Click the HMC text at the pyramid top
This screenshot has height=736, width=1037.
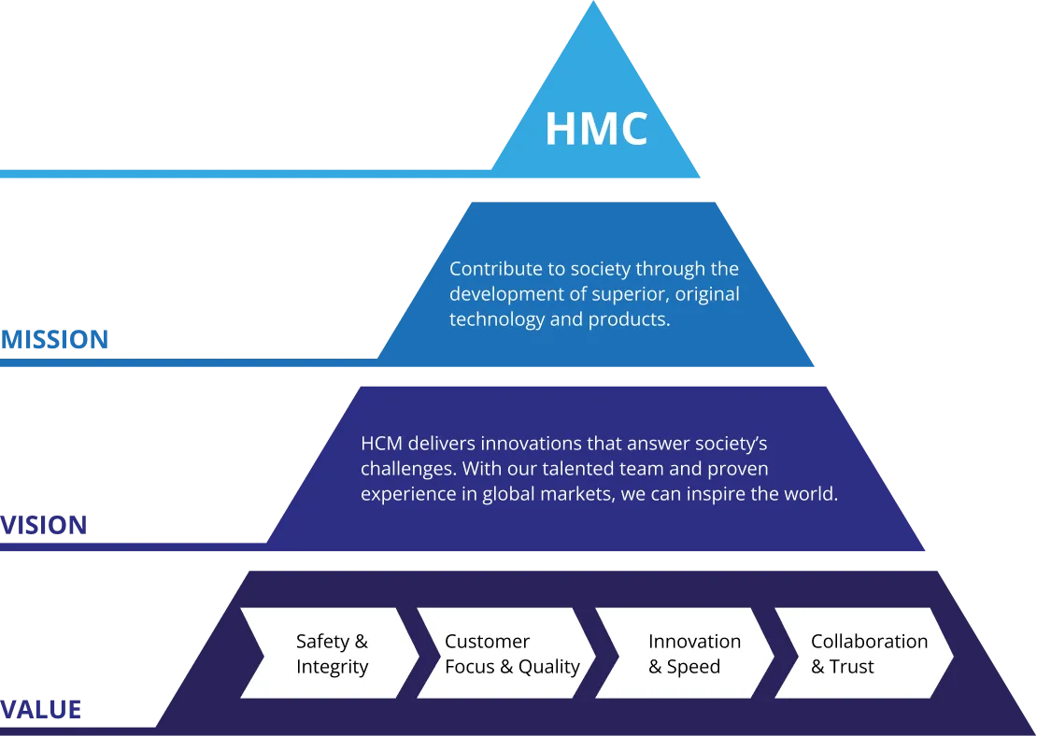(596, 129)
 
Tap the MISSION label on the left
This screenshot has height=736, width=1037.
(55, 340)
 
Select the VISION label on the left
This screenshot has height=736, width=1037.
(44, 526)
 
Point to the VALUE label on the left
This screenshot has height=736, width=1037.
(41, 710)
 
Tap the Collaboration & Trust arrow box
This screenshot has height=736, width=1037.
(863, 653)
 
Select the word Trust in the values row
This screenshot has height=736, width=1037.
(852, 667)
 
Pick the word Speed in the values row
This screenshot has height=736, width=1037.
(693, 667)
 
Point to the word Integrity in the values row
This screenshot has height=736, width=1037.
(333, 667)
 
